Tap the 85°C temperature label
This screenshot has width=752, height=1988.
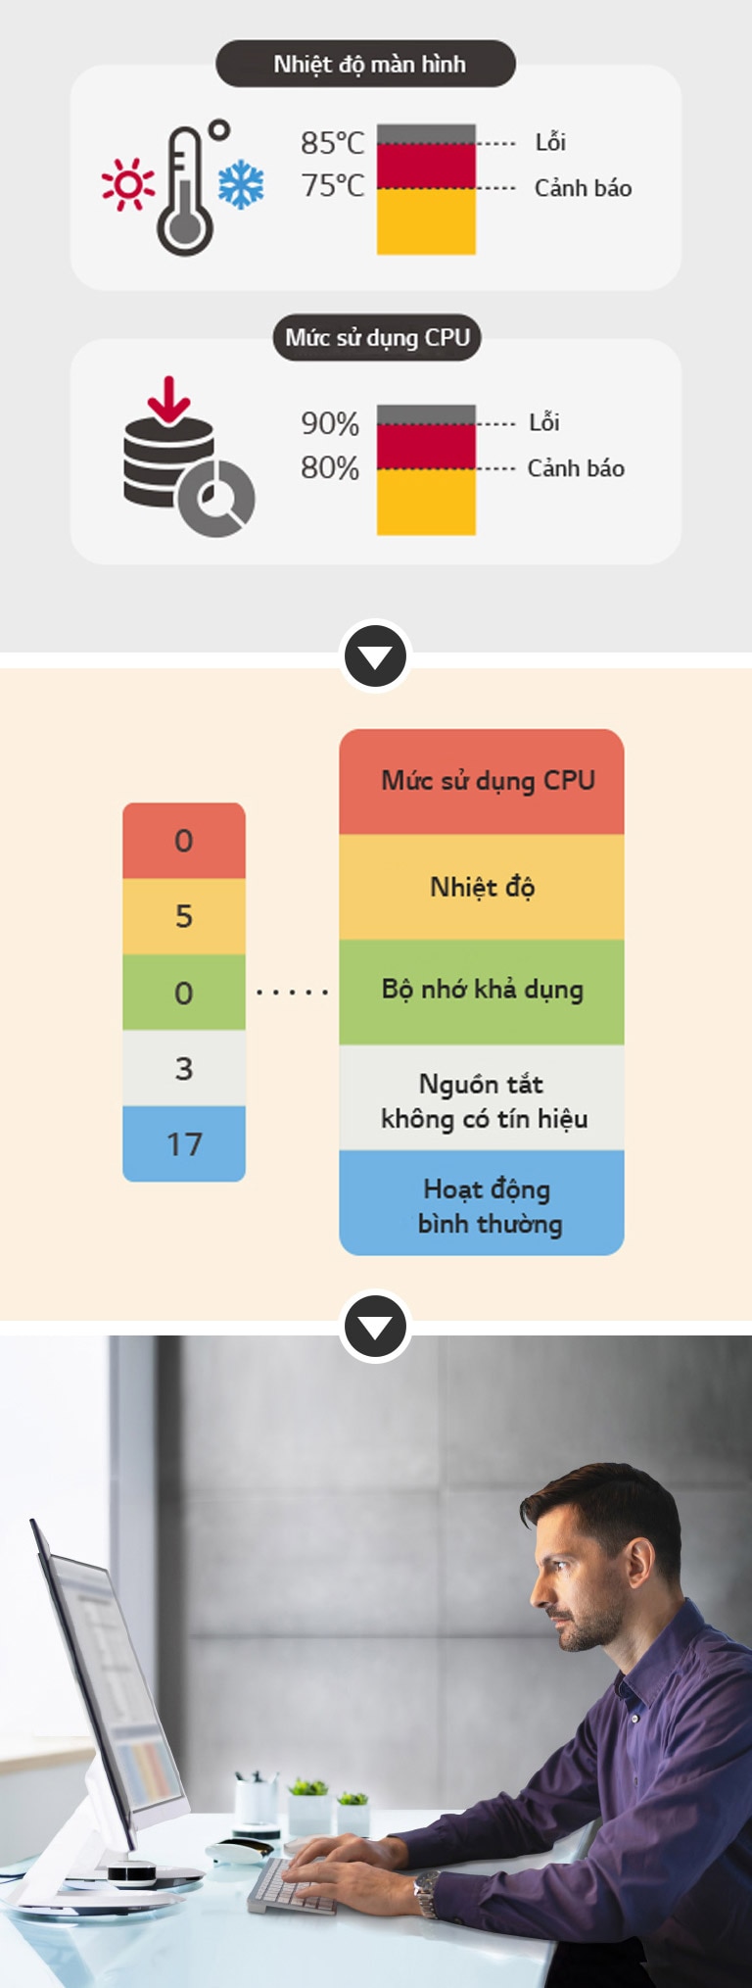click(332, 143)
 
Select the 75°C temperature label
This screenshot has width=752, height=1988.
click(332, 185)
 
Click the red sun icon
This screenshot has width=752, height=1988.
click(128, 184)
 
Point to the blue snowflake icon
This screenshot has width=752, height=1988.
click(241, 184)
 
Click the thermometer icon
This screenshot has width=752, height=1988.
click(186, 191)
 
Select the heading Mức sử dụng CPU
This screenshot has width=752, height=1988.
click(377, 338)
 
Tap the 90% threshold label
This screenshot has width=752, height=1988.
click(330, 423)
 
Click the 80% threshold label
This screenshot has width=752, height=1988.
click(330, 467)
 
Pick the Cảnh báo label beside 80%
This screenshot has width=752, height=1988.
click(576, 468)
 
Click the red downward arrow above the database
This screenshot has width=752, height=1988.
click(168, 399)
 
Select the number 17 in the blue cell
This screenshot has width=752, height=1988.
click(184, 1143)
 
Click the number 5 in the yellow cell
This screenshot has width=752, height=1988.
click(184, 916)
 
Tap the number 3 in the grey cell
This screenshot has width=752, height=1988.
click(184, 1068)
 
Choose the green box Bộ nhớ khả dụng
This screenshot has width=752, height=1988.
click(482, 991)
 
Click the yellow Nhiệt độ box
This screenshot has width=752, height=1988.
click(482, 887)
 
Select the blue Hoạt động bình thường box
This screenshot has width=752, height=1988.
click(482, 1204)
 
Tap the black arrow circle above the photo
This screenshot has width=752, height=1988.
click(376, 1327)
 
